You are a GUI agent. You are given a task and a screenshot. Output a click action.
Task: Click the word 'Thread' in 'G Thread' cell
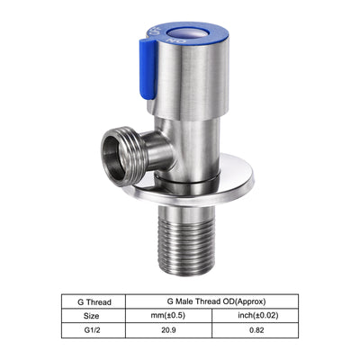(100, 302)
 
